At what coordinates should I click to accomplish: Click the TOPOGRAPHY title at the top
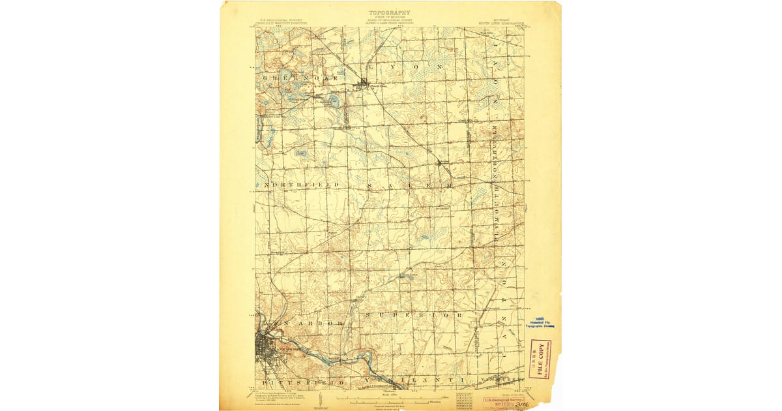(390, 12)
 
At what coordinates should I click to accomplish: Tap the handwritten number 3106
(522, 404)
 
